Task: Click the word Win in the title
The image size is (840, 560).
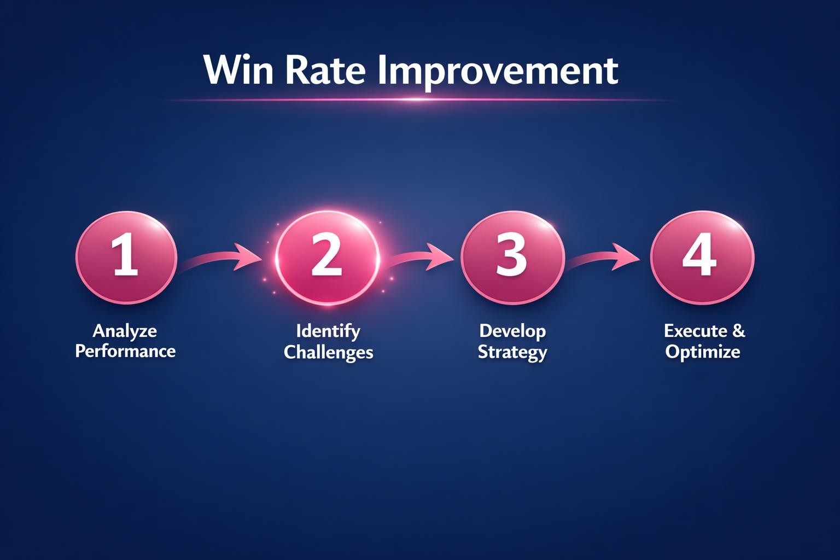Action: pyautogui.click(x=238, y=70)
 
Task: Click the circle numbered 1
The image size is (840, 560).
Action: pyautogui.click(x=126, y=257)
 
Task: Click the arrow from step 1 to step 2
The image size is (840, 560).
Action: pyautogui.click(x=219, y=259)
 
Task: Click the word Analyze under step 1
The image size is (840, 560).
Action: pyautogui.click(x=125, y=331)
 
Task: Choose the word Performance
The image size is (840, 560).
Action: pyautogui.click(x=125, y=351)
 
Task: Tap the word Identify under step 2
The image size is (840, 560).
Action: pyautogui.click(x=328, y=331)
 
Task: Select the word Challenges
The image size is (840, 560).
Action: pyautogui.click(x=328, y=352)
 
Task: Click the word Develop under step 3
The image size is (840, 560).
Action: pyautogui.click(x=512, y=331)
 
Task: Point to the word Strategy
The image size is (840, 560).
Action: pyautogui.click(x=512, y=352)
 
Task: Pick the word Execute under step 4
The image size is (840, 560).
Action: pyautogui.click(x=695, y=331)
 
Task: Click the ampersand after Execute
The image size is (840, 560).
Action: pyautogui.click(x=738, y=331)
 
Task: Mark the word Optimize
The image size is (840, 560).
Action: pyautogui.click(x=703, y=352)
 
